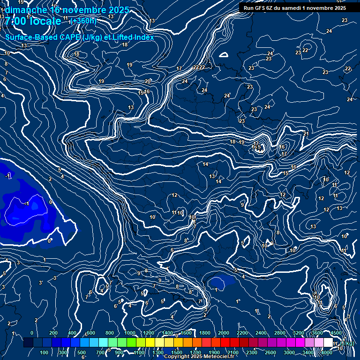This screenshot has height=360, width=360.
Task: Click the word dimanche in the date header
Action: (25, 10)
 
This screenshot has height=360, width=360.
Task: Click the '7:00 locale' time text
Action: (33, 21)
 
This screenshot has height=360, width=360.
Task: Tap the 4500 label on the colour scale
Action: (336, 333)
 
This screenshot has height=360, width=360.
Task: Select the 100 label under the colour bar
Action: (44, 352)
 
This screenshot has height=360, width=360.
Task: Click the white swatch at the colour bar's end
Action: (328, 343)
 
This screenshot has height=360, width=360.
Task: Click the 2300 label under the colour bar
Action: (252, 352)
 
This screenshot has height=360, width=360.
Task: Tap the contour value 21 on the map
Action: (306, 134)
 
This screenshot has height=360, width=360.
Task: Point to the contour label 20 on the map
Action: (148, 81)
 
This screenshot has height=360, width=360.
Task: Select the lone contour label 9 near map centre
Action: (242, 205)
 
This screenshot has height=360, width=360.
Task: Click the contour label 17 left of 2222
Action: (179, 69)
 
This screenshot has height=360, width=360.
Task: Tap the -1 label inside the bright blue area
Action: (27, 204)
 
